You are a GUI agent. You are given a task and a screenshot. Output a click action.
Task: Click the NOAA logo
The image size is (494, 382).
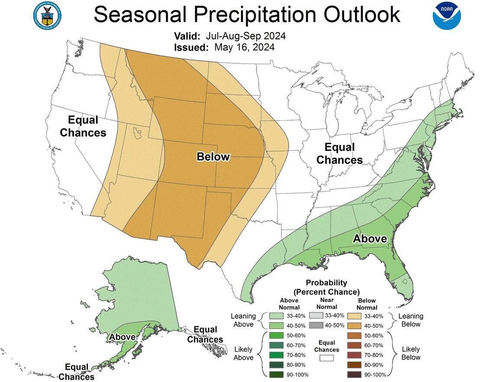click(x=447, y=16)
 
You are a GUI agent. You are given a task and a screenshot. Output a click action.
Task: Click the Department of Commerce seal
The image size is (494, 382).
click(x=47, y=16)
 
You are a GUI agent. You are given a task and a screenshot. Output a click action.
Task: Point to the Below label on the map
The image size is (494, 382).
click(x=213, y=157)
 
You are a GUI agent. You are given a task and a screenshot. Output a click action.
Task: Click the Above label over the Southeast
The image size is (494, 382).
click(x=370, y=238)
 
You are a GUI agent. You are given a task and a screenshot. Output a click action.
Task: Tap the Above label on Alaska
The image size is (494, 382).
click(x=122, y=337)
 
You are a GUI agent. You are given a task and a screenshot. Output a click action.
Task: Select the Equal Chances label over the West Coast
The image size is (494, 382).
click(x=83, y=126)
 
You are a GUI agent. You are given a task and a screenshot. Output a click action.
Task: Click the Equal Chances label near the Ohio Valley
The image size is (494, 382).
click(x=339, y=154)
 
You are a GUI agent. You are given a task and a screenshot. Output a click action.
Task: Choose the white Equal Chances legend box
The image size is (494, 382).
click(x=326, y=358)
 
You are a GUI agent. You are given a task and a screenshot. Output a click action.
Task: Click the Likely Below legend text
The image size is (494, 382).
click(x=411, y=353)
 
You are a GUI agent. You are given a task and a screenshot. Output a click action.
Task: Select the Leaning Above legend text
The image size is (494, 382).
click(x=243, y=320)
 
